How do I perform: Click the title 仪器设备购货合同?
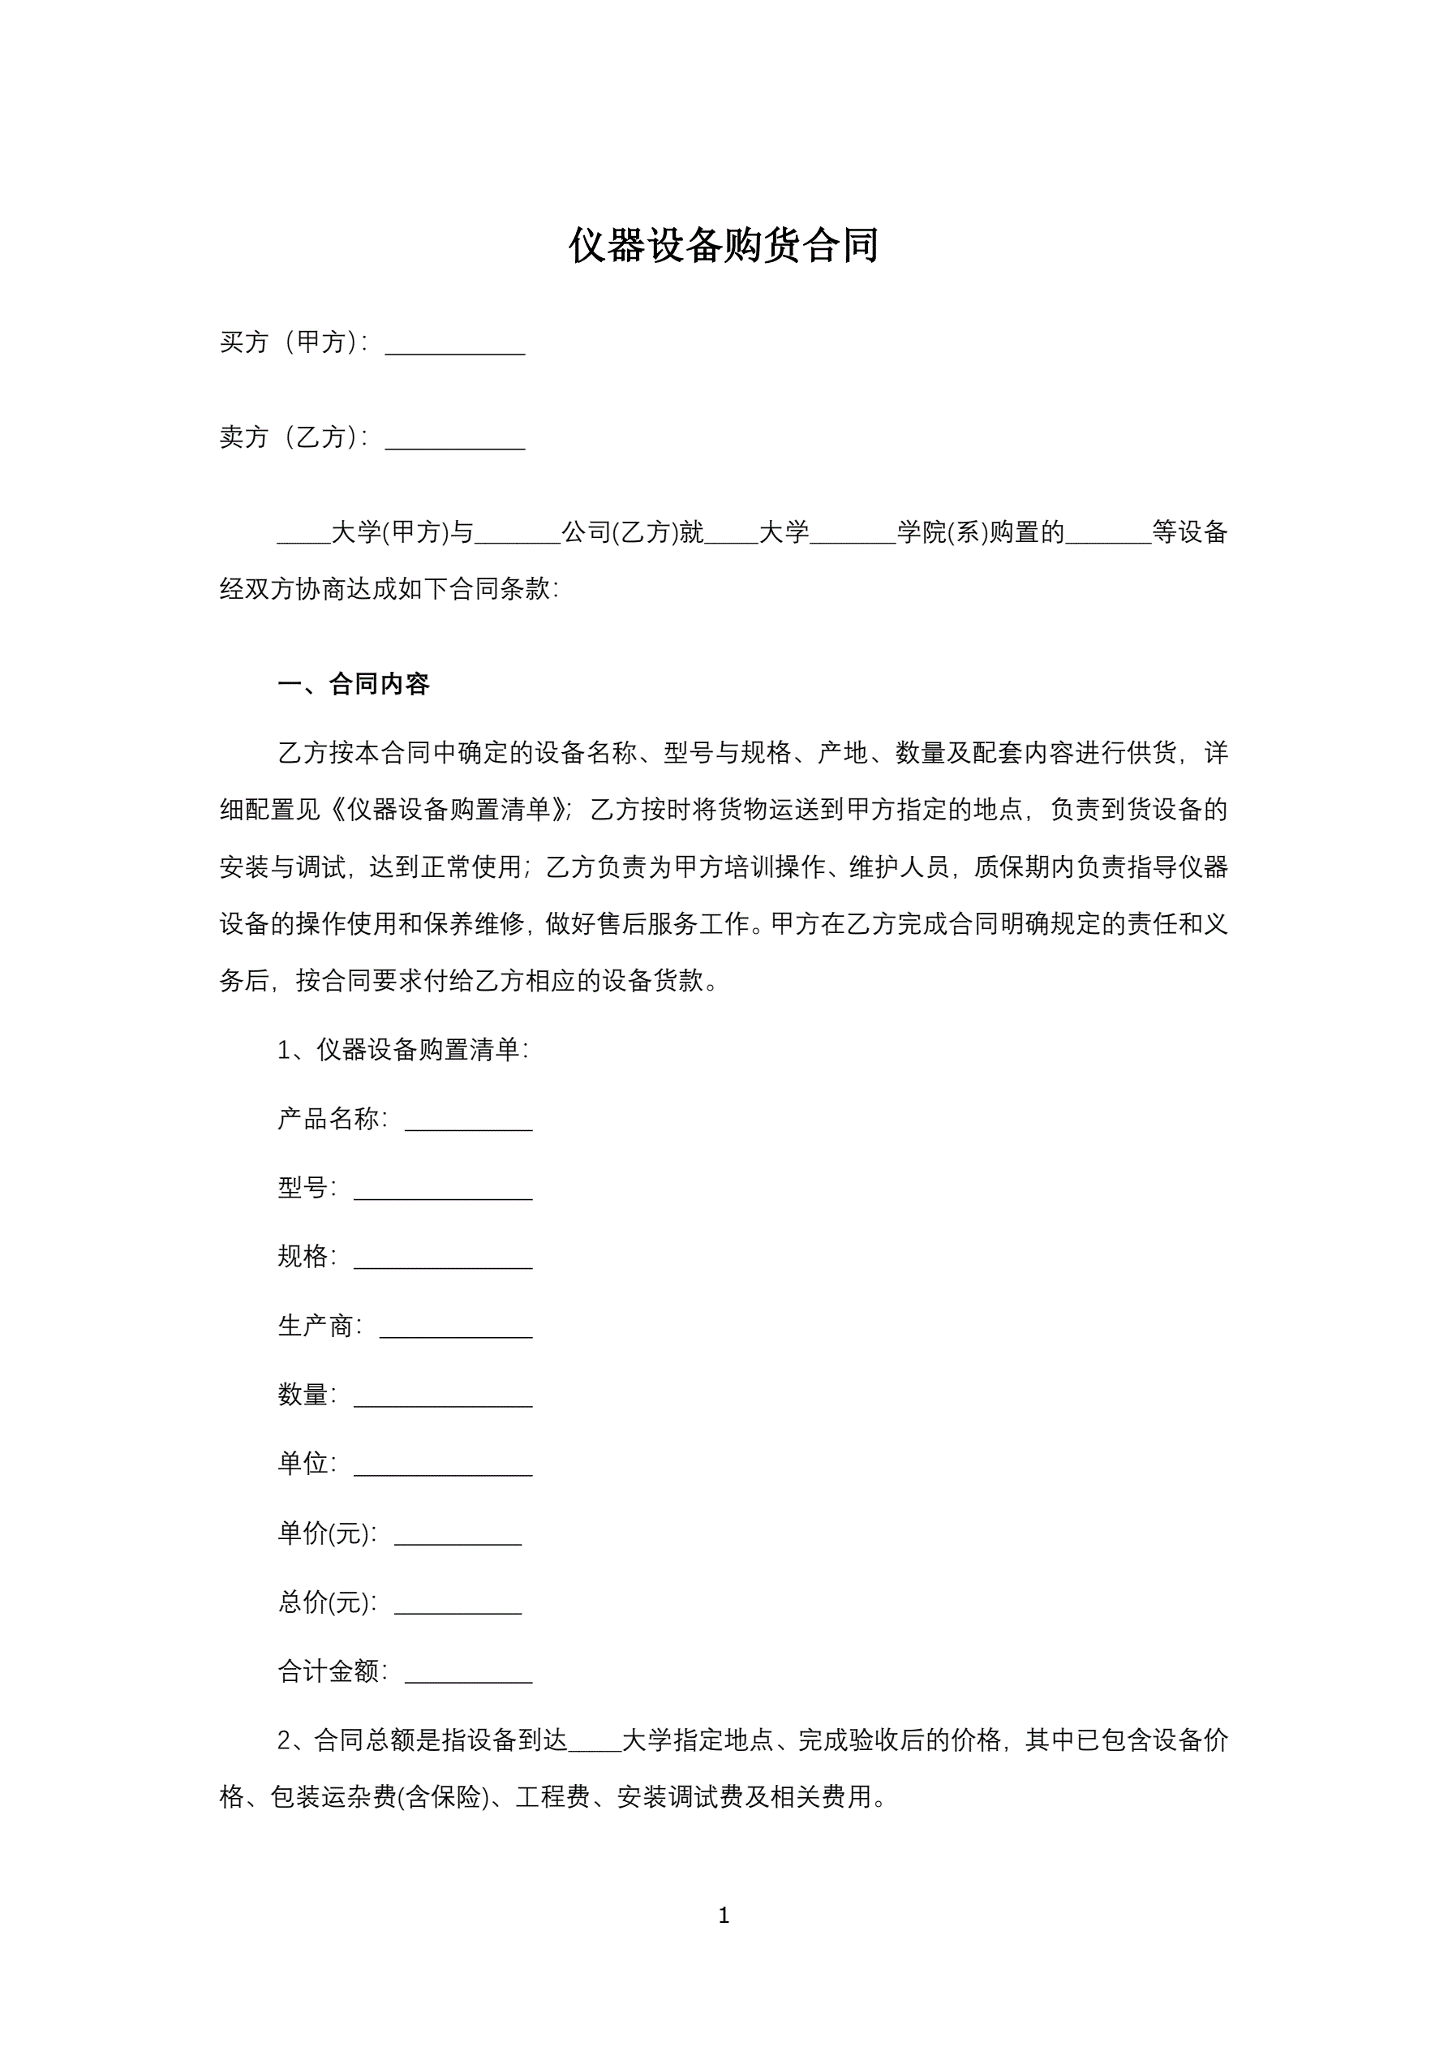point(723,245)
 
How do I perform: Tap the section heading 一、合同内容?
point(354,685)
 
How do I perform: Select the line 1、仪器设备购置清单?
point(403,1050)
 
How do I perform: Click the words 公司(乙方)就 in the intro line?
point(633,533)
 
